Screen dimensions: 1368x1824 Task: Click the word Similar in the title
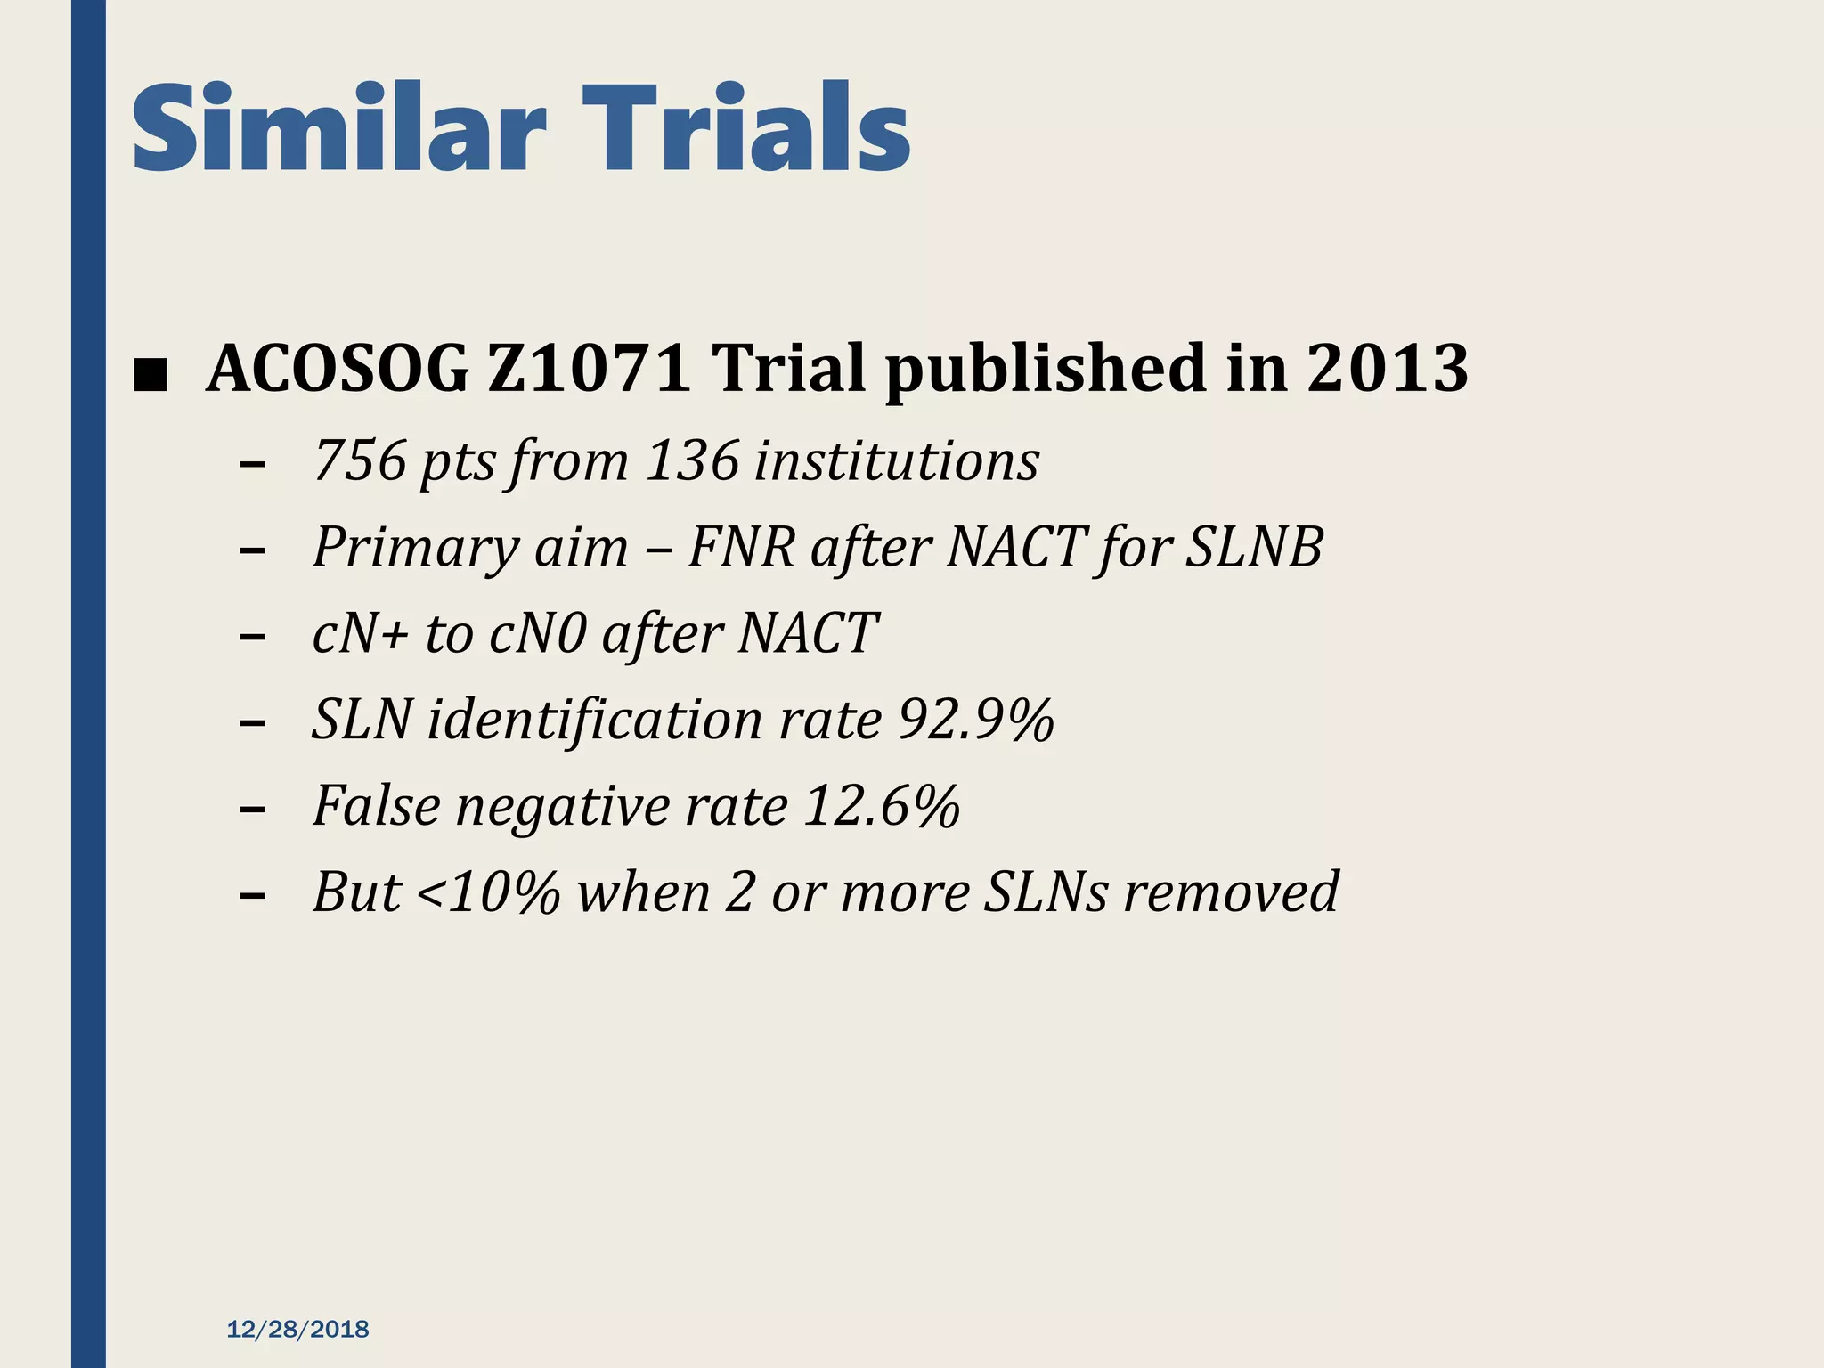(x=338, y=129)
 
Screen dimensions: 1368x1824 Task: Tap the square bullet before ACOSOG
(x=149, y=375)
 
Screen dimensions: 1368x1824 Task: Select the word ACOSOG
(x=337, y=369)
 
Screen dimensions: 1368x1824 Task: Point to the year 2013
(x=1388, y=369)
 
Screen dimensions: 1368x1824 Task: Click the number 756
(x=360, y=461)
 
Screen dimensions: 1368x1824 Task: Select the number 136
(x=692, y=461)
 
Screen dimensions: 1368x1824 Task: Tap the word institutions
(x=897, y=461)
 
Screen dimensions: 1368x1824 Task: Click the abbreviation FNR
(x=741, y=547)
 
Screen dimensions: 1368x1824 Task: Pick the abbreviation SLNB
(x=1255, y=547)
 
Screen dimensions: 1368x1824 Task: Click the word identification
(x=595, y=720)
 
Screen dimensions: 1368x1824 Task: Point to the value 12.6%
(x=881, y=806)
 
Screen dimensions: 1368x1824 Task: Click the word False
(x=377, y=806)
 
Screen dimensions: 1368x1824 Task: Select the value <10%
(x=488, y=892)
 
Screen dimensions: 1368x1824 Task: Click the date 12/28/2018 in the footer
(x=297, y=1330)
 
